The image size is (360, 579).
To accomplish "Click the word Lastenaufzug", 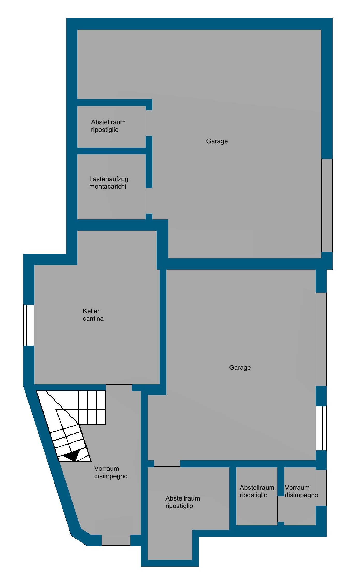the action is coord(109,179).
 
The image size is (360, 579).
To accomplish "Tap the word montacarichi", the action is coord(108,187).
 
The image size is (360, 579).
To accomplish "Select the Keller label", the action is coord(91,311).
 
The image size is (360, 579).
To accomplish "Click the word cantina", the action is coord(93,319).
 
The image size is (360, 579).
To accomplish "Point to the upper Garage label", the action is coord(217,141).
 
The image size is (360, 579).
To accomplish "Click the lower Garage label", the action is coord(240,368).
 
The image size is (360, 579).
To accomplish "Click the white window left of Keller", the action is coord(29,325).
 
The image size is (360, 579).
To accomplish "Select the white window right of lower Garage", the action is coord(321,428).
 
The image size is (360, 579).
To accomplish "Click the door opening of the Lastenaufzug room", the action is coord(146,201).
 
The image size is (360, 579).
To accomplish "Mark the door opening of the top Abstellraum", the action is coord(146,123).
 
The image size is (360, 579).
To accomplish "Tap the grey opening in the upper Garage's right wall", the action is coord(327,205).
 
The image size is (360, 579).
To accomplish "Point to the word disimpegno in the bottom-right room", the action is coord(301,495).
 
